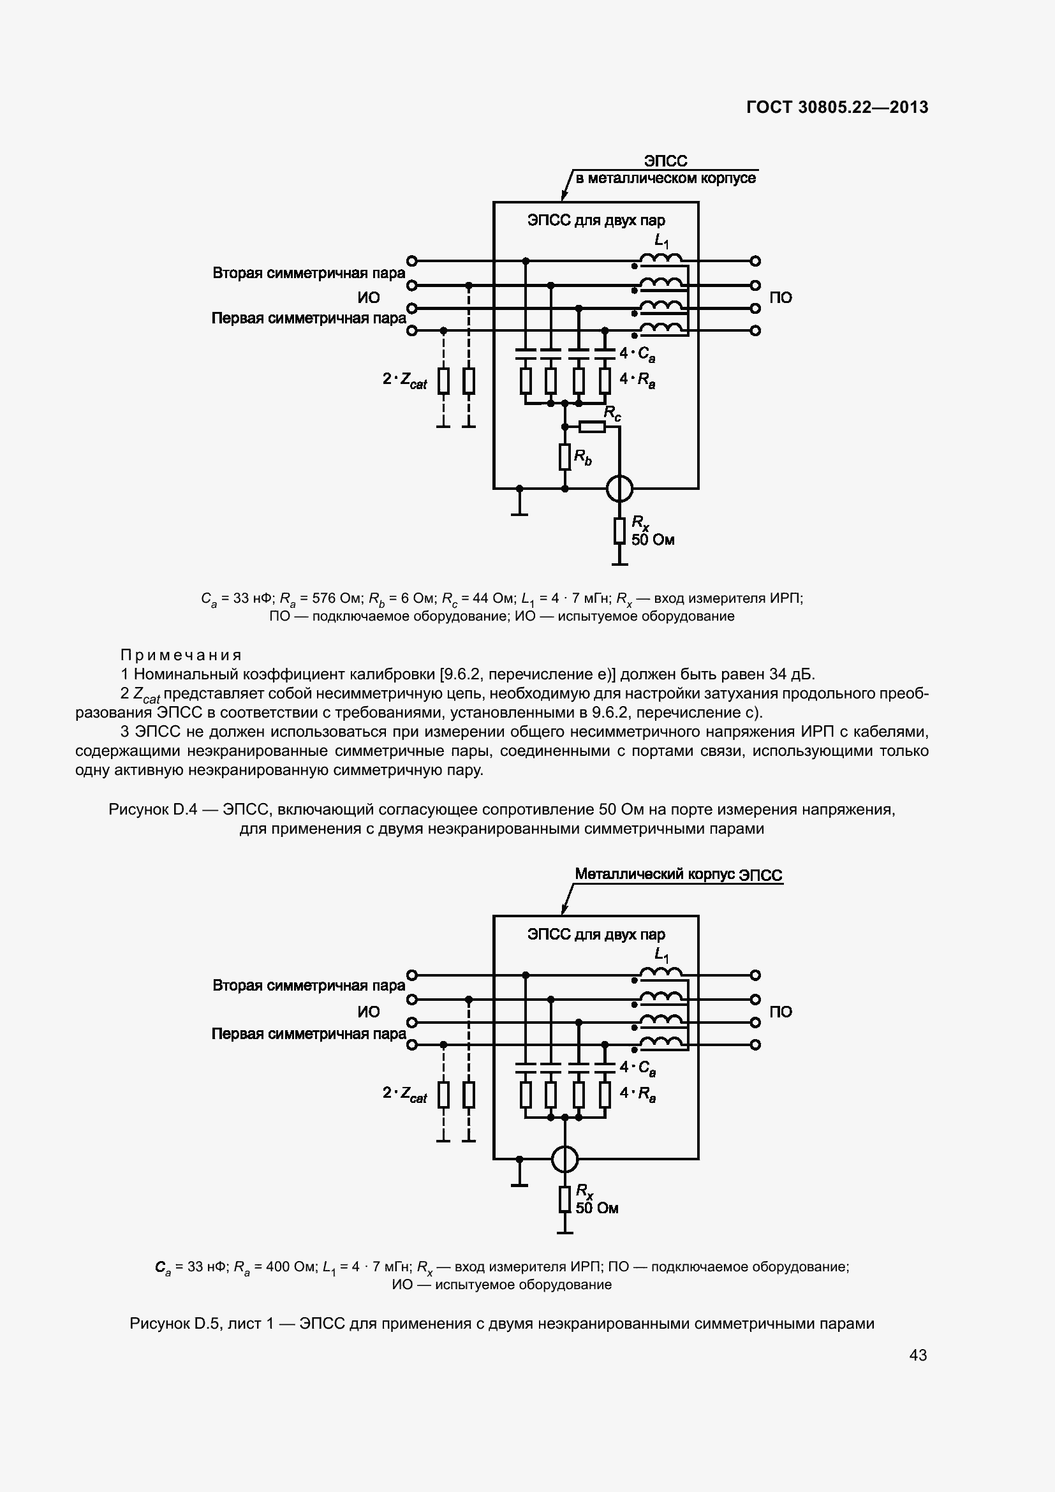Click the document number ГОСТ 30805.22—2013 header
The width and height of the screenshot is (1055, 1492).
click(x=837, y=107)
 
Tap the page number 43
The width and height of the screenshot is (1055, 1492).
click(x=918, y=1355)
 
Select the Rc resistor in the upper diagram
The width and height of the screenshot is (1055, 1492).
click(x=592, y=427)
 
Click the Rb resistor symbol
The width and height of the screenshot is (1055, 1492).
click(x=564, y=457)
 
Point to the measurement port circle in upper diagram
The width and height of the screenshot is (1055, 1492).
click(x=619, y=489)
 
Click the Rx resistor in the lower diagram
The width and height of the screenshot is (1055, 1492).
click(x=564, y=1199)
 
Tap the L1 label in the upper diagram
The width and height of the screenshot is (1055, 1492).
click(x=661, y=242)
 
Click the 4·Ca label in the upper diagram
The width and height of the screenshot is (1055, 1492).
click(x=637, y=354)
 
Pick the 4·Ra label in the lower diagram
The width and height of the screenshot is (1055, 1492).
click(x=637, y=1094)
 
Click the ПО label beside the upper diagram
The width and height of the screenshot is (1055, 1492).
click(x=780, y=298)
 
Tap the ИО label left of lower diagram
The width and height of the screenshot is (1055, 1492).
click(x=368, y=1012)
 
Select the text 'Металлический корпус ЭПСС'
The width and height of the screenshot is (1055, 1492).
click(x=678, y=875)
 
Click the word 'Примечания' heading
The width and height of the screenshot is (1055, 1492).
click(x=181, y=655)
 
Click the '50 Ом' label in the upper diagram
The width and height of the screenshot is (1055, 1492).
click(x=653, y=540)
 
